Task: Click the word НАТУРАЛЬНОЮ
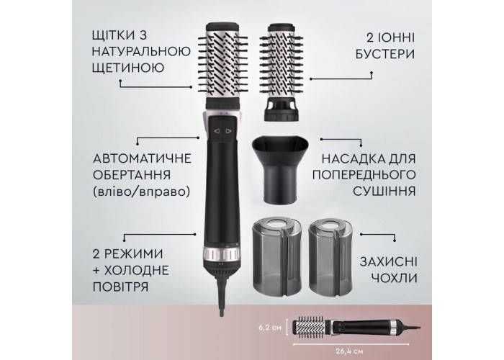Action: pos(141,51)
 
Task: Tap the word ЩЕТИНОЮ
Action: pos(128,68)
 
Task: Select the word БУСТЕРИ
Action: pos(385,54)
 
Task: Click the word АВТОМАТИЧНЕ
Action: pos(142,159)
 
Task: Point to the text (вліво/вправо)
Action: pos(141,192)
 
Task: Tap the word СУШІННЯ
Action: pos(384,191)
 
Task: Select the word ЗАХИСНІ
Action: pos(388,261)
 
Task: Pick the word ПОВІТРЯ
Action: pos(120,287)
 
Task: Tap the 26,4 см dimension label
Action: pos(351,351)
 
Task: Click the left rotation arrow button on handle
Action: pos(217,131)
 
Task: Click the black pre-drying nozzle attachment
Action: pos(279,170)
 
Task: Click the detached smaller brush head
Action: pos(282,72)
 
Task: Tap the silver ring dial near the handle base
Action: pos(222,254)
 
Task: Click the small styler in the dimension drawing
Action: pos(355,328)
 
